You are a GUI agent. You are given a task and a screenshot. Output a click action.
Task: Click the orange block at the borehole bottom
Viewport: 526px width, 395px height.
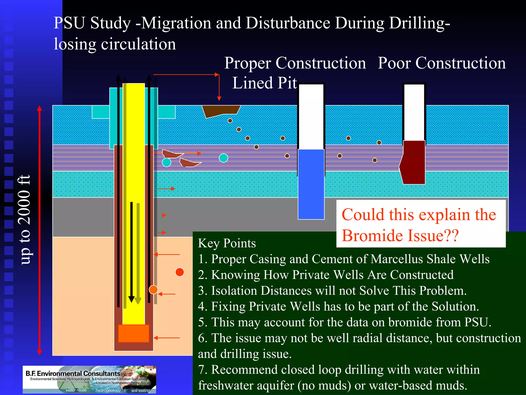134,333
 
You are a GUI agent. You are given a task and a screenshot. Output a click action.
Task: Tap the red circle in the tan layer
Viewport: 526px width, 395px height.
180,272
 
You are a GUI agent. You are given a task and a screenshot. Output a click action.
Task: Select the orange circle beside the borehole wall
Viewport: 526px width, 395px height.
153,290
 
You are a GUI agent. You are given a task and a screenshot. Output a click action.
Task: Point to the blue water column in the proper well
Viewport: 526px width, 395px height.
311,184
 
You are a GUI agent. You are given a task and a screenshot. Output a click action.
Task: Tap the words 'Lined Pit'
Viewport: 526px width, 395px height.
265,83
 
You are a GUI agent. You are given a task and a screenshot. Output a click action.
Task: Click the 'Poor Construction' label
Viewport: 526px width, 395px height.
442,63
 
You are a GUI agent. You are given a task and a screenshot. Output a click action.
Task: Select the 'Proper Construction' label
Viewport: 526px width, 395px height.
295,63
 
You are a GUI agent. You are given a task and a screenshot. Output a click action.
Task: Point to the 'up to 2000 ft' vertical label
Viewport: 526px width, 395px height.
25,220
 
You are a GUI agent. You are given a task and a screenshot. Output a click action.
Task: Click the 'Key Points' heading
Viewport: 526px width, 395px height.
227,243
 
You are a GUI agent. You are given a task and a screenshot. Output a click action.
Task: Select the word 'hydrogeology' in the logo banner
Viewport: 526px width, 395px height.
108,390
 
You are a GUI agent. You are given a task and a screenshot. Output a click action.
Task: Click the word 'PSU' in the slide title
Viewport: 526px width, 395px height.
69,23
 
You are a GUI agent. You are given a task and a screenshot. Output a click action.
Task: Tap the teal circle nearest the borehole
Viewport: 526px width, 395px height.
166,162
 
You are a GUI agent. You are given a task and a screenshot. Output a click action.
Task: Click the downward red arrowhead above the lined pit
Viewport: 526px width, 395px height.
219,98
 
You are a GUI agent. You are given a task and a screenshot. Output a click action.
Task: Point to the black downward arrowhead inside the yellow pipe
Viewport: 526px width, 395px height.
131,299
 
